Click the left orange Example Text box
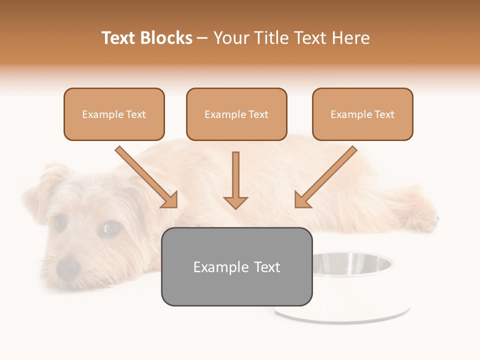point(114,114)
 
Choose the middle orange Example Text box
point(236,114)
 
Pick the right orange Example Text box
point(362,114)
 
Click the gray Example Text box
point(236,266)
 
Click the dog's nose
point(68,268)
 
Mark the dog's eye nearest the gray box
point(111,228)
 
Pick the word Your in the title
point(230,38)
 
